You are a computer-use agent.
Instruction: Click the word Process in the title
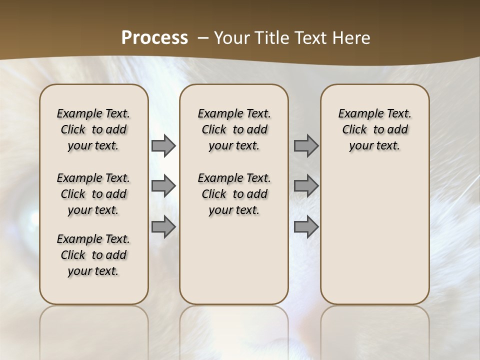(x=154, y=38)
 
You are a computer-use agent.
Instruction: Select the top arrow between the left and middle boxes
(x=163, y=146)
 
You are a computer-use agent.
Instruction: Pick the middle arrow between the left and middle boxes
(x=163, y=186)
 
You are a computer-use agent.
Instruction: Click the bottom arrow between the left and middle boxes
(x=163, y=227)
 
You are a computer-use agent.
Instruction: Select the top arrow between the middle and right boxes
(x=306, y=146)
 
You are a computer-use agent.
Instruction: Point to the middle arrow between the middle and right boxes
(x=306, y=186)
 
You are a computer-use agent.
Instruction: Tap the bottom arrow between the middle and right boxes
(x=306, y=227)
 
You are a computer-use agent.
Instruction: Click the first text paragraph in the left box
(x=93, y=129)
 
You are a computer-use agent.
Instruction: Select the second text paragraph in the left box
(x=93, y=194)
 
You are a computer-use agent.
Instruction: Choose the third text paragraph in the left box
(x=93, y=255)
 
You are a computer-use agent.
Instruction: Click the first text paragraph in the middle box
(x=234, y=129)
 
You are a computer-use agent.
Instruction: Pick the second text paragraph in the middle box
(x=234, y=194)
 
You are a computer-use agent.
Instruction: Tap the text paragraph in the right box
(x=374, y=129)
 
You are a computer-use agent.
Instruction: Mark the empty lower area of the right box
(x=374, y=235)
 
